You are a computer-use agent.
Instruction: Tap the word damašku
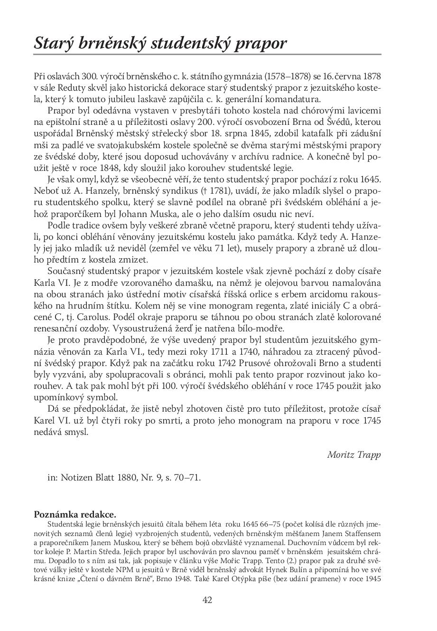[186, 283]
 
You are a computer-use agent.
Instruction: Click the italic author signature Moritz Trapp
[354, 454]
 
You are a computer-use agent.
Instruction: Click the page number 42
[207, 600]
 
